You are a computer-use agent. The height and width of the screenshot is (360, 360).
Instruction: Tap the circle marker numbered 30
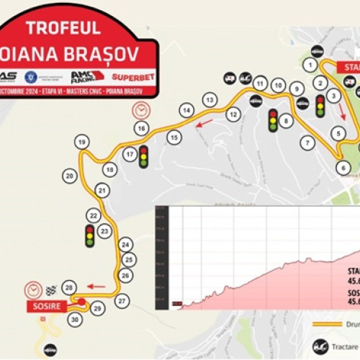[x=75, y=318]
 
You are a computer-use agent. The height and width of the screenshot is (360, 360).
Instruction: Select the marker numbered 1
[x=310, y=65]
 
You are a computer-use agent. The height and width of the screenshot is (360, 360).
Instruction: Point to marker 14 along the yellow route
[x=186, y=110]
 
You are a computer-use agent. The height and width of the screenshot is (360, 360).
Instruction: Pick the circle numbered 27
[x=122, y=300]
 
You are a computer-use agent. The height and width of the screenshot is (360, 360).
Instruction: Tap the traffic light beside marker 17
[x=143, y=156]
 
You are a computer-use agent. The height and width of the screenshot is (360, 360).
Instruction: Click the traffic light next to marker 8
[x=272, y=120]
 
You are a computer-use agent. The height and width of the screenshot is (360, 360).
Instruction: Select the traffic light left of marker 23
[x=90, y=235]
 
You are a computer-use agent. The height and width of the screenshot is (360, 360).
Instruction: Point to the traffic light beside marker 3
[x=320, y=106]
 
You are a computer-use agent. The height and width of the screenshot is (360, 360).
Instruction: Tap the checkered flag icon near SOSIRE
[x=50, y=291]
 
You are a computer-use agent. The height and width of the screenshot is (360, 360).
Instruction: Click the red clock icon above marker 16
[x=140, y=111]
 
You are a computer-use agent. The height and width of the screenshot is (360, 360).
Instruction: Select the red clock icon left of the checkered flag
[x=32, y=289]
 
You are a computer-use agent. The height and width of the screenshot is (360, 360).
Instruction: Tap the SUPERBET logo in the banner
[x=132, y=76]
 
